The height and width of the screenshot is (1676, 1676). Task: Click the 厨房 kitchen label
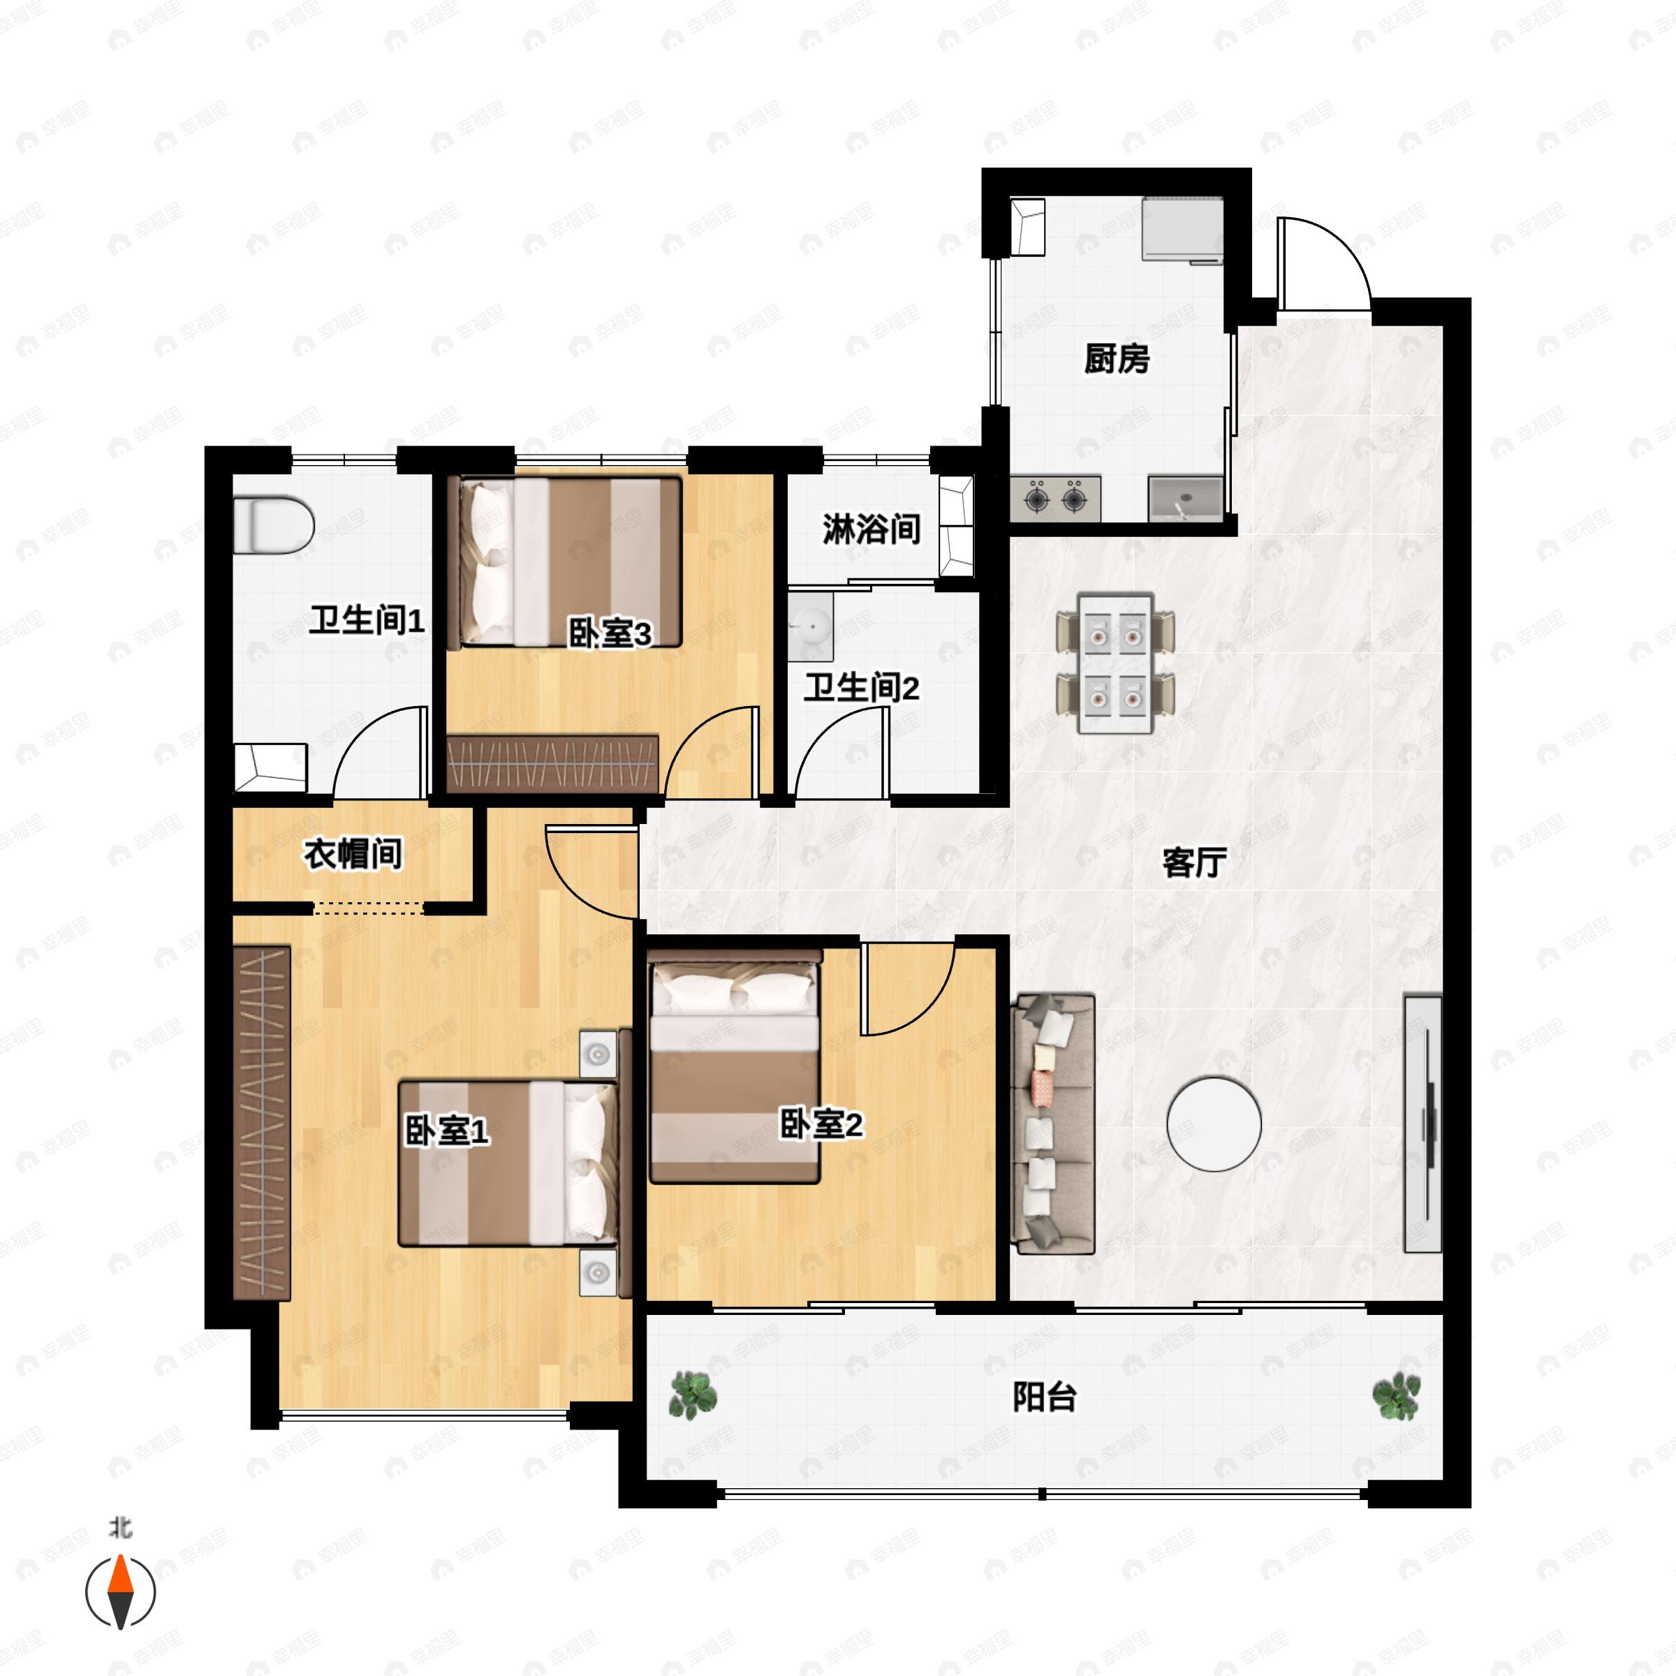pyautogui.click(x=1117, y=358)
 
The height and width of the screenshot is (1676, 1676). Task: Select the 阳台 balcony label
pyautogui.click(x=1045, y=1397)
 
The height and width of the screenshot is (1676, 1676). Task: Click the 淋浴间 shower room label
pyautogui.click(x=871, y=529)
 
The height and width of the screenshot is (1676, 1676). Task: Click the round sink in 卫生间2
pyautogui.click(x=811, y=626)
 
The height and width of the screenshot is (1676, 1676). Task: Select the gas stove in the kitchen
pyautogui.click(x=1056, y=499)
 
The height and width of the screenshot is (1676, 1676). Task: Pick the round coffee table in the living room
pyautogui.click(x=1214, y=1124)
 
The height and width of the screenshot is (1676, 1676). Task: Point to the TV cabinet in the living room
pyautogui.click(x=1423, y=1124)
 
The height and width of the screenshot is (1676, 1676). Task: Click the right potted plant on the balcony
pyautogui.click(x=1396, y=1395)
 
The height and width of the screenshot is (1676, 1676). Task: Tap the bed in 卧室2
pyautogui.click(x=735, y=1067)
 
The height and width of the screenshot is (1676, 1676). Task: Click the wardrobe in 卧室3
pyautogui.click(x=552, y=763)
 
